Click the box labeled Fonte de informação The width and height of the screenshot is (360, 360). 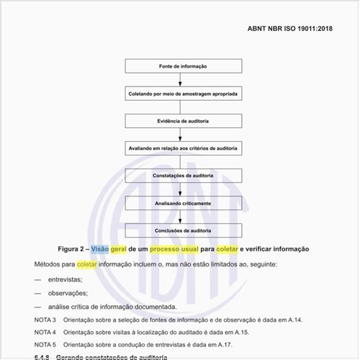pos(183,66)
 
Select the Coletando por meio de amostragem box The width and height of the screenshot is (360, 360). pos(183,94)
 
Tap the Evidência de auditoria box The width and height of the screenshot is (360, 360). pos(183,121)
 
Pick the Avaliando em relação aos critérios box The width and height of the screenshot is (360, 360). pos(183,148)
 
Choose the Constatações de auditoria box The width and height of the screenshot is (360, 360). pos(183,176)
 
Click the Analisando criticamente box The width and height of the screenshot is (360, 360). pos(183,203)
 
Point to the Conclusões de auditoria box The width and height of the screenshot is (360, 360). pos(183,230)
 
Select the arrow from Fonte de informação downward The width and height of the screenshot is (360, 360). pos(183,80)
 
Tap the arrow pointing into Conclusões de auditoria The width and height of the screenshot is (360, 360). pos(183,217)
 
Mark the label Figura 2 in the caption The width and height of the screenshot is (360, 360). pos(73,248)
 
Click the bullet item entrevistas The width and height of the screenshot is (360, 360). pos(65,279)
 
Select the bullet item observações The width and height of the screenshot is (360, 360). pos(68,293)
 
